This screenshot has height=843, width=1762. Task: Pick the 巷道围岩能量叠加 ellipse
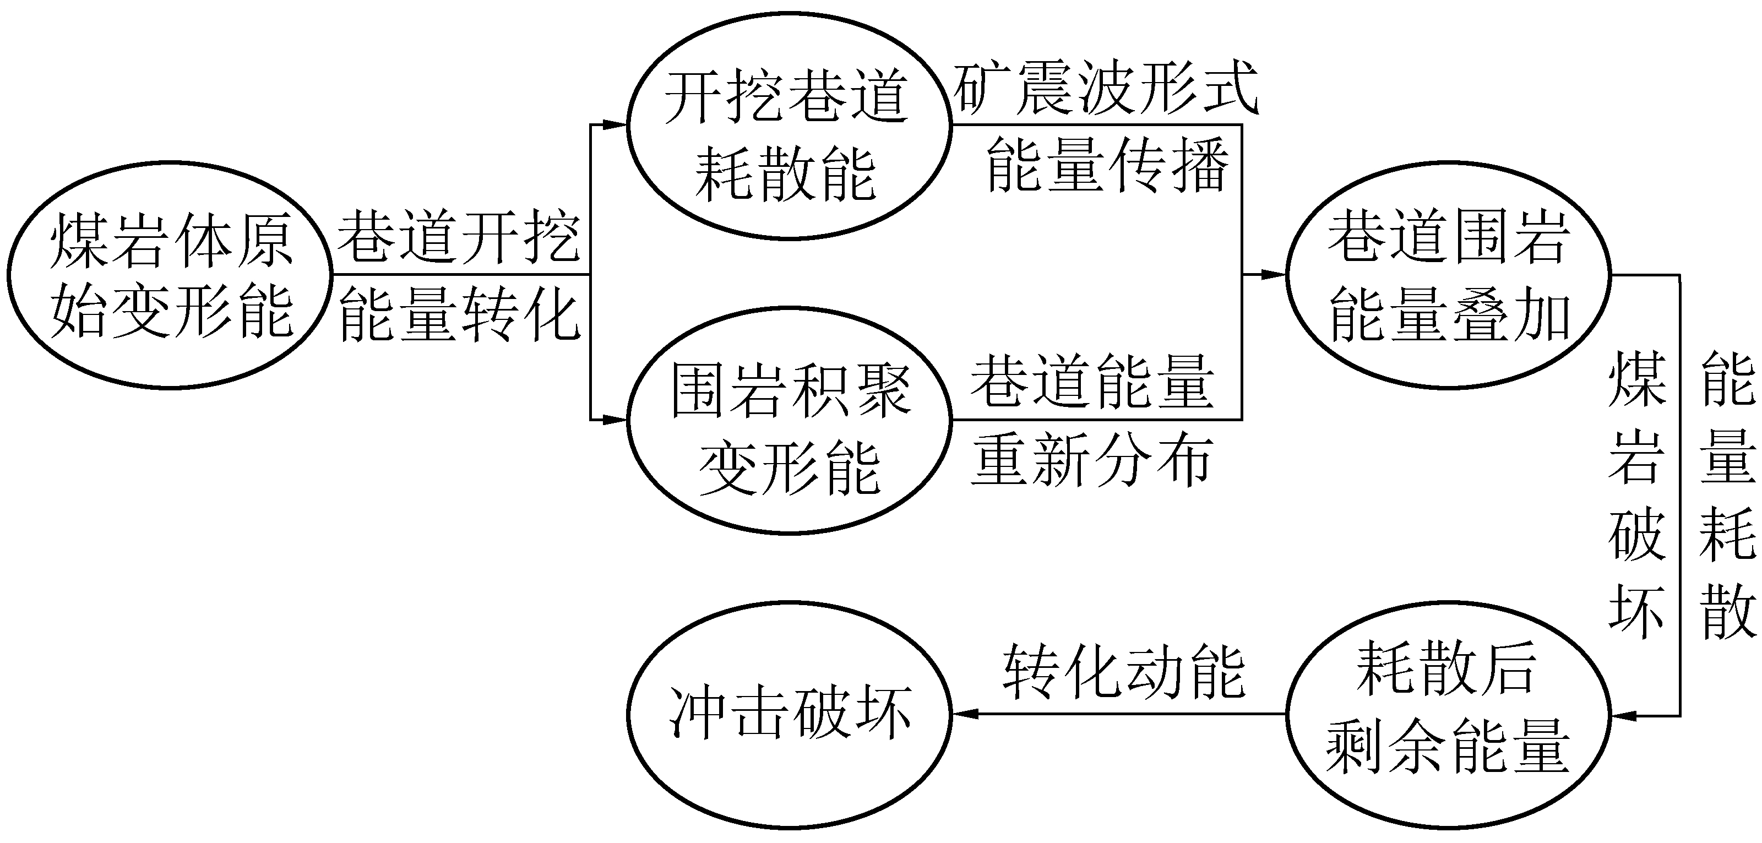pos(1448,275)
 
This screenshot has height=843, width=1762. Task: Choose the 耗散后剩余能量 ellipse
pos(1448,715)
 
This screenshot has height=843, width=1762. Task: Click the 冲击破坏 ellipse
pos(788,715)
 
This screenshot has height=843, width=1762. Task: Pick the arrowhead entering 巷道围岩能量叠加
pos(1274,275)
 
